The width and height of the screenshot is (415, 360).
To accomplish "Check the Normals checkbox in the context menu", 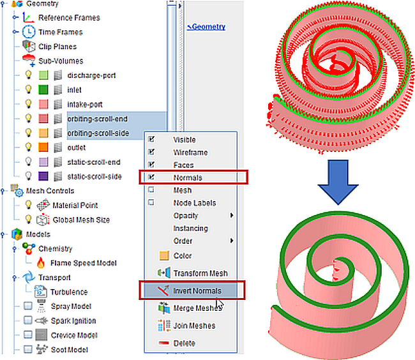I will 151,177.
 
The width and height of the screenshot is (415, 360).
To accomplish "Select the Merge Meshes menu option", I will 196,308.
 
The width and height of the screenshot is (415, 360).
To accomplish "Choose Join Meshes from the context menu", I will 194,326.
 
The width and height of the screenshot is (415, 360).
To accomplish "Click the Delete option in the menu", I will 185,343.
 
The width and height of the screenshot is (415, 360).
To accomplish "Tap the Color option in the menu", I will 183,255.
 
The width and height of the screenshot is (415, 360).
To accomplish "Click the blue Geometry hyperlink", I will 207,27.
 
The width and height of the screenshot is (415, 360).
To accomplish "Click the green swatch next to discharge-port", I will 43,75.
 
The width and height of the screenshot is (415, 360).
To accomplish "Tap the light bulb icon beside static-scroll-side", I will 28,176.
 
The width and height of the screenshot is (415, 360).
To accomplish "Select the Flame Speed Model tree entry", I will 83,263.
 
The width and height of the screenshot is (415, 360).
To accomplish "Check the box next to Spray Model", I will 27,306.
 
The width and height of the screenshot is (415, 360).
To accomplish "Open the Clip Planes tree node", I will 57,47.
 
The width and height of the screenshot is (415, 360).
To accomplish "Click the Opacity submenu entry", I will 186,216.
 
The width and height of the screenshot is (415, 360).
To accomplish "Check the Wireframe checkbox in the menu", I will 151,153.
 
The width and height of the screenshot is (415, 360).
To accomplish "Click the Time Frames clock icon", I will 29,32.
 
